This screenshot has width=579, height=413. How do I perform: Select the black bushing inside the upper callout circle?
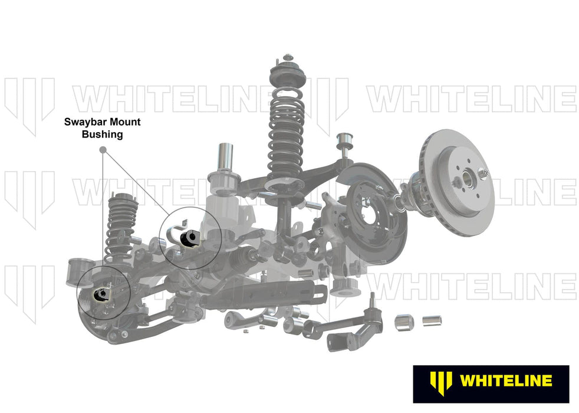pyautogui.click(x=190, y=238)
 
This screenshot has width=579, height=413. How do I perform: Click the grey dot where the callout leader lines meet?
pyautogui.click(x=103, y=150)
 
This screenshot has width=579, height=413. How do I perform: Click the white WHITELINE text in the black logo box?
pyautogui.click(x=505, y=381)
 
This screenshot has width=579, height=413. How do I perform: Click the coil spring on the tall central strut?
pyautogui.click(x=287, y=130)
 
